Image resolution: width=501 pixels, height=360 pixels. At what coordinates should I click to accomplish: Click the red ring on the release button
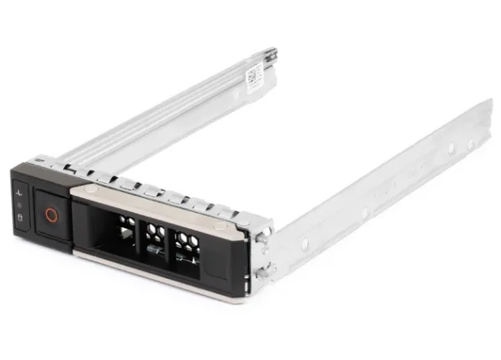[50, 214]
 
